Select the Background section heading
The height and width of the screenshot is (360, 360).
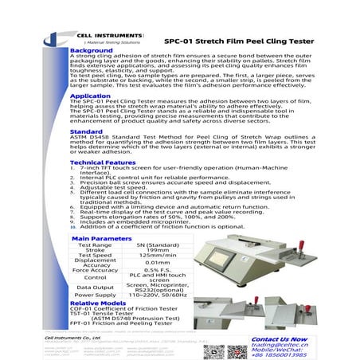click(x=91, y=50)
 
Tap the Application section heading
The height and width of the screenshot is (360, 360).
click(x=90, y=96)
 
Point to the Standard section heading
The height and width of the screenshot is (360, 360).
click(x=86, y=131)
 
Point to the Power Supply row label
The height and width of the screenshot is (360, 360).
click(x=95, y=295)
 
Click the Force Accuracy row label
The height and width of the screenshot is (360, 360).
click(x=95, y=269)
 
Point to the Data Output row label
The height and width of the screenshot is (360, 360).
click(x=95, y=287)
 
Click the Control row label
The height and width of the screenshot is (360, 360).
click(x=95, y=277)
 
